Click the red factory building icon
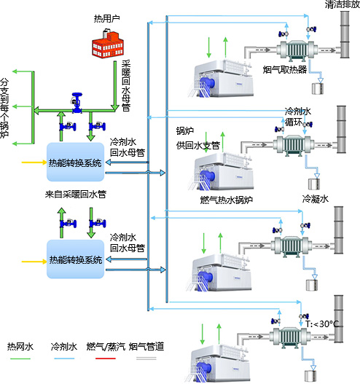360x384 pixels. coord(107,43)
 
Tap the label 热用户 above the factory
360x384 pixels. coord(107,19)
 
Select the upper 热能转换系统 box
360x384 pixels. coord(76,162)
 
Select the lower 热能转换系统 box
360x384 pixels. coord(76,259)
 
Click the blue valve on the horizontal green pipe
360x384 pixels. coord(77,103)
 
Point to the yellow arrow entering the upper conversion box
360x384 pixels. coord(34,162)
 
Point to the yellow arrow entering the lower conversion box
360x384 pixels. coord(34,262)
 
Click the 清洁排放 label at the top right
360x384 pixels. coord(343,4)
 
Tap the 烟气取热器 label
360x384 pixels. coord(285,69)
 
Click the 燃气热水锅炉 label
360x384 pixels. coord(227,200)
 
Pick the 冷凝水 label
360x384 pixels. coord(316,199)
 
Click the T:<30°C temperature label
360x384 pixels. coord(322,324)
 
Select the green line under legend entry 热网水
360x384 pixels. coord(20,358)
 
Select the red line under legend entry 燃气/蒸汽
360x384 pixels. coord(106,358)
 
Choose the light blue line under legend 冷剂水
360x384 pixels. coord(64,358)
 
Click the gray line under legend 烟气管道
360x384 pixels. coord(146,358)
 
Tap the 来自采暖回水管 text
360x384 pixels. coord(76,195)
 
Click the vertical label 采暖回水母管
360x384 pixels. coord(126,85)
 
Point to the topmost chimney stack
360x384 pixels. coord(345,34)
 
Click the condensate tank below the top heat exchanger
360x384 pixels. coord(318,89)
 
